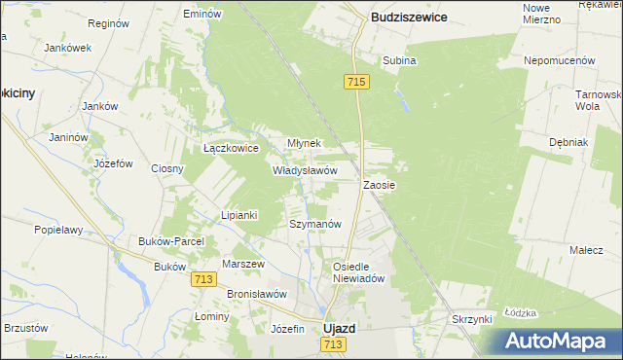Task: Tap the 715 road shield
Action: (x=354, y=84)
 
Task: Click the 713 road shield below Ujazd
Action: (x=335, y=345)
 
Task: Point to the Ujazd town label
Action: (x=339, y=329)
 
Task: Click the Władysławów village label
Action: (x=305, y=169)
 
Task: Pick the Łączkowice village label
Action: (x=230, y=149)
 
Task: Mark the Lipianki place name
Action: (x=238, y=215)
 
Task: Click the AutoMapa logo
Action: (x=559, y=340)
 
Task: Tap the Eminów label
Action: (x=202, y=15)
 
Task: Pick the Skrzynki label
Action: (x=475, y=319)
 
